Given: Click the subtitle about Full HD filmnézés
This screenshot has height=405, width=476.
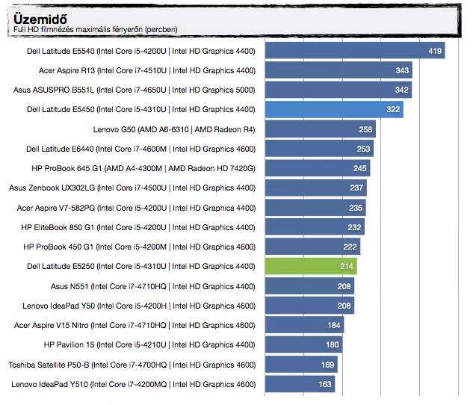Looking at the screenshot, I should tap(96, 30).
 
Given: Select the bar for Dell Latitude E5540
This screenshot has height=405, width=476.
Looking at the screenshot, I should tap(355, 51).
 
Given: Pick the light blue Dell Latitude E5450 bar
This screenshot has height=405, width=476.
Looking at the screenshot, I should tap(334, 109).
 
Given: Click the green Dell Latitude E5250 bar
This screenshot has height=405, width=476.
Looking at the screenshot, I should tap(311, 266).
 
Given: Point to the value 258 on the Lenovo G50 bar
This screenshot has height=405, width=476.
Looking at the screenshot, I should tap(365, 129).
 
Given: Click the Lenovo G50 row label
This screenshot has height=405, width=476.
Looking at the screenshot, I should tap(174, 129).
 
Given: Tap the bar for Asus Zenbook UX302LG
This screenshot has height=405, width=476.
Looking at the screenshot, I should tap(316, 188).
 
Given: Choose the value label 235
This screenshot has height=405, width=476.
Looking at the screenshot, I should tap(356, 208).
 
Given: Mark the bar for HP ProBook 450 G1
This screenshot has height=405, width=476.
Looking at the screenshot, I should tap(312, 247).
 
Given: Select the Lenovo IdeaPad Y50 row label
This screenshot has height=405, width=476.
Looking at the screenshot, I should tap(139, 306).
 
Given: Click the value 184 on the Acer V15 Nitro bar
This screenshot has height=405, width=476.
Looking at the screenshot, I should tap(334, 325).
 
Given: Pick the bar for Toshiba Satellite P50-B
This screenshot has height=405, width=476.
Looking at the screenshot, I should tap(301, 365).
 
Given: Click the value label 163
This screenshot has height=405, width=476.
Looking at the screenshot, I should tap(325, 384).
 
